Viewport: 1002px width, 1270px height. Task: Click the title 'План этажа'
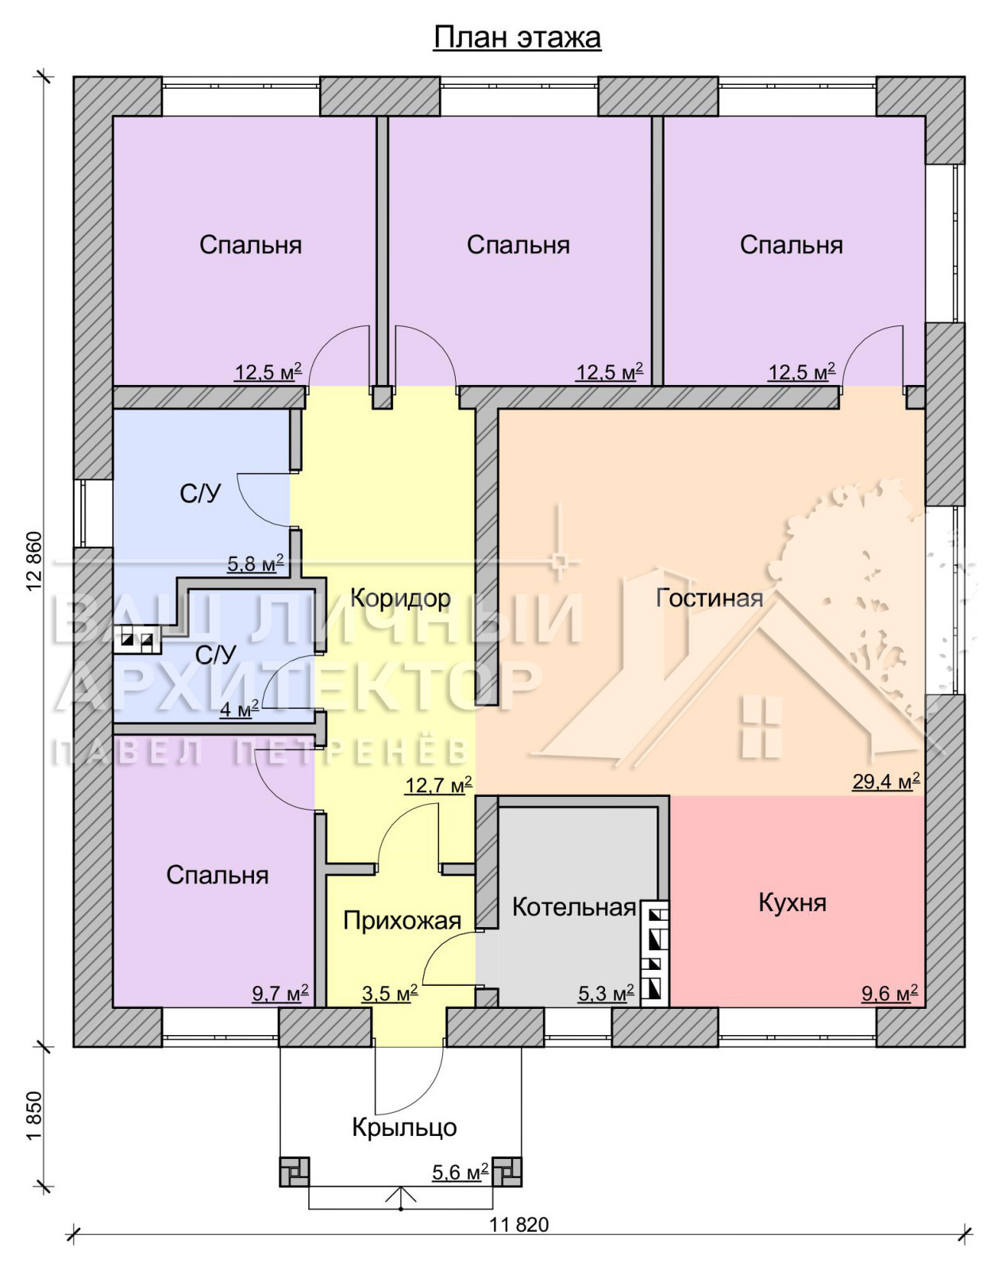pyautogui.click(x=517, y=37)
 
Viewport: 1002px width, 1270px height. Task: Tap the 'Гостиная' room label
pyautogui.click(x=709, y=598)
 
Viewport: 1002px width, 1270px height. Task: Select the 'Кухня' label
pyautogui.click(x=792, y=902)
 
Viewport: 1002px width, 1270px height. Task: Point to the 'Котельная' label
pyautogui.click(x=573, y=907)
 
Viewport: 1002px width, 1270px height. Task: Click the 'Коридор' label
pyautogui.click(x=401, y=598)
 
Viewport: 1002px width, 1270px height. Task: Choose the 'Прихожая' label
pyautogui.click(x=402, y=921)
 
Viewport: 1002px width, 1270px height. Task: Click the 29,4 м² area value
pyautogui.click(x=885, y=781)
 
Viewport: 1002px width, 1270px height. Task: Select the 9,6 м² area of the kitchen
pyautogui.click(x=890, y=993)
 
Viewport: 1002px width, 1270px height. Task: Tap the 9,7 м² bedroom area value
pyautogui.click(x=280, y=993)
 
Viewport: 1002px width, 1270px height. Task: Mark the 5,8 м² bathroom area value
pyautogui.click(x=256, y=564)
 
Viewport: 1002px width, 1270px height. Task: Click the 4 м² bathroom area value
pyautogui.click(x=239, y=710)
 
